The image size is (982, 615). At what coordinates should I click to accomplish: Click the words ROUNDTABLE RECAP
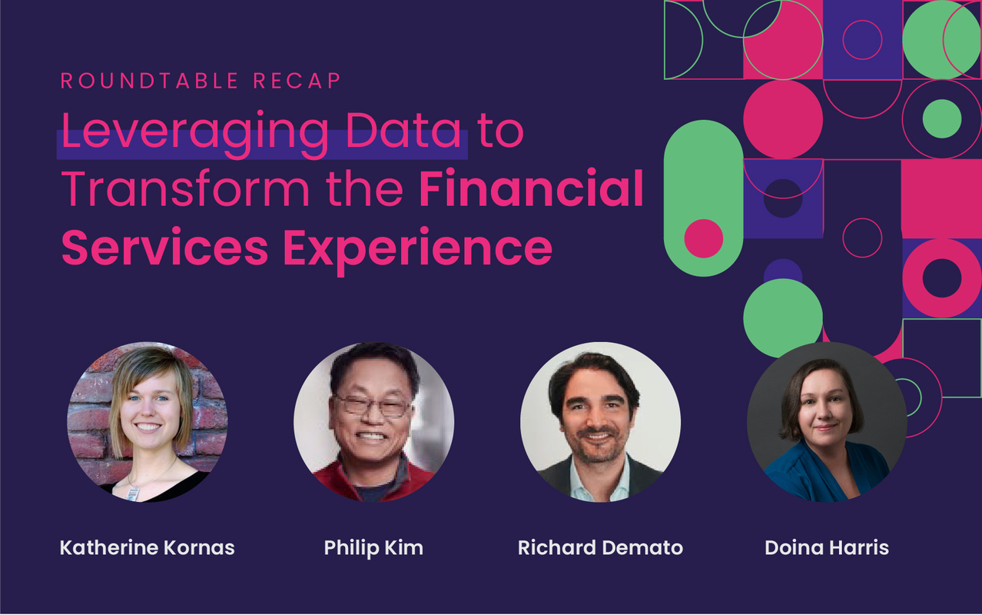[x=201, y=81]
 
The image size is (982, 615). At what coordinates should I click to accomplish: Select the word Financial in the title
[x=531, y=189]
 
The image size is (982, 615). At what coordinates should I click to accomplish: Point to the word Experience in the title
[x=417, y=248]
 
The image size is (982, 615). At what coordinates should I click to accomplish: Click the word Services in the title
[x=164, y=248]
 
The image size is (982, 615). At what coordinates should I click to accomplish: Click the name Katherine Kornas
[x=148, y=548]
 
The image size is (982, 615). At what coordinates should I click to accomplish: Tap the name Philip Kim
[x=373, y=548]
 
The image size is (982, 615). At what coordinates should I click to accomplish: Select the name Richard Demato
[x=600, y=548]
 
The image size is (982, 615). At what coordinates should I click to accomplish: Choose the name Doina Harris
[x=827, y=548]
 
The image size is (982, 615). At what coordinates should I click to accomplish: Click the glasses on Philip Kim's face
[x=373, y=405]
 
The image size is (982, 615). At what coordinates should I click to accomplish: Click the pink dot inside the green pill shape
[x=703, y=238]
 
